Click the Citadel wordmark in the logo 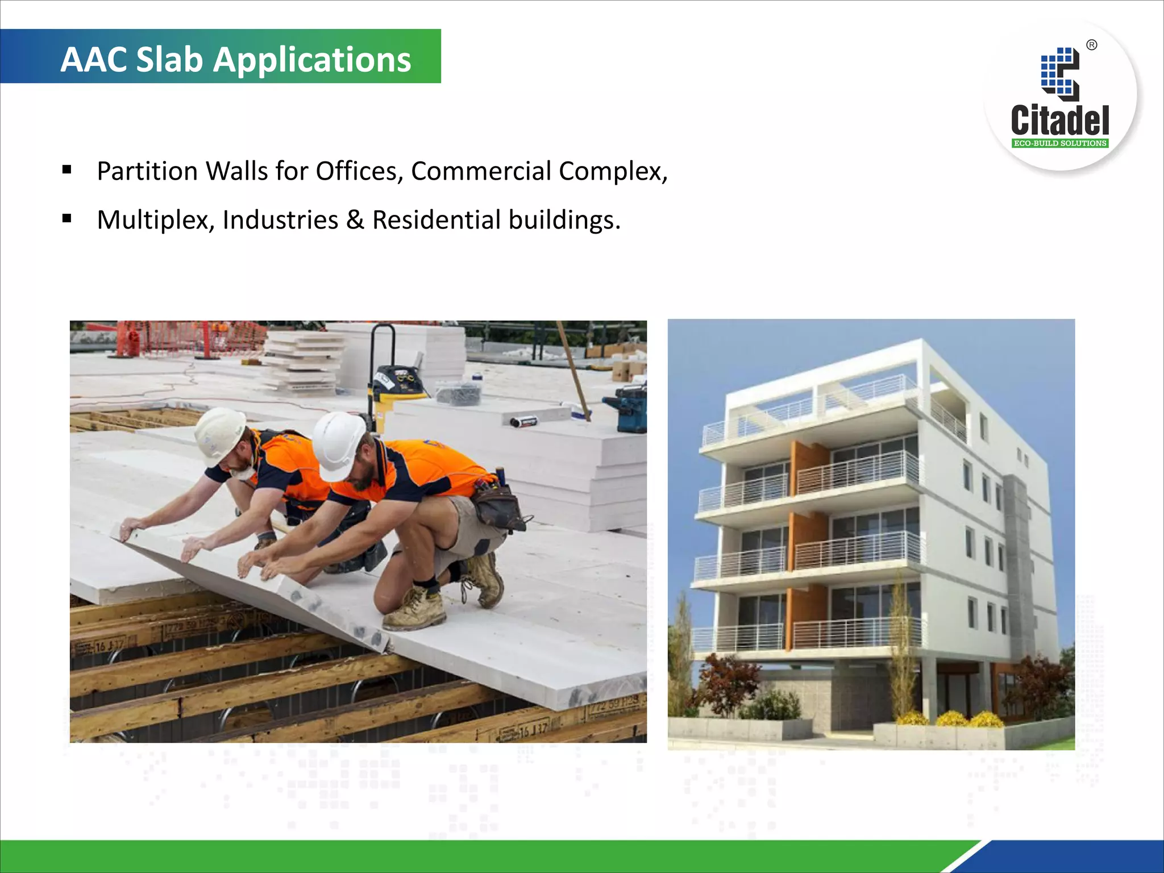coord(1059,120)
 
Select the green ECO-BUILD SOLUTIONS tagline coord(1060,143)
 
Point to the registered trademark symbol coord(1092,45)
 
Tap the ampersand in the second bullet coord(355,220)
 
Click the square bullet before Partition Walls coord(67,169)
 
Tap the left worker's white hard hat coord(219,432)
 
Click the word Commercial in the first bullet coord(481,171)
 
